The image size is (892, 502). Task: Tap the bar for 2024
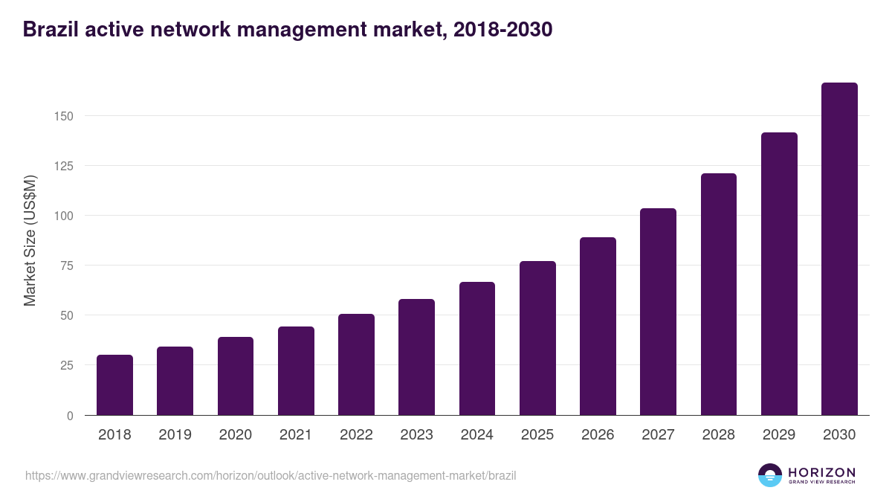point(477,349)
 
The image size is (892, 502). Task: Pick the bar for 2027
point(658,312)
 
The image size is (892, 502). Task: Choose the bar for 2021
point(296,371)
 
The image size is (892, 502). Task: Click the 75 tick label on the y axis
point(66,266)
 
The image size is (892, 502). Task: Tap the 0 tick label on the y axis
point(70,416)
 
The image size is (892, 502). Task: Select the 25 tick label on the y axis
point(66,365)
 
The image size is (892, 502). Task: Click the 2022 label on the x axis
point(356,435)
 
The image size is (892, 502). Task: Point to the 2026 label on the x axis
point(598,435)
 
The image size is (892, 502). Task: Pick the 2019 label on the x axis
point(175,435)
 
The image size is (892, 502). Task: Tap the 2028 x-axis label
point(719,435)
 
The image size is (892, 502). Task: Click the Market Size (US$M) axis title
point(30,240)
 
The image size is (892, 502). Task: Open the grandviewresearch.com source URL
point(271,475)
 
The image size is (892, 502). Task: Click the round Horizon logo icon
point(770,475)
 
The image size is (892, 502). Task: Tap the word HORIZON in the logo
point(821,472)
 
